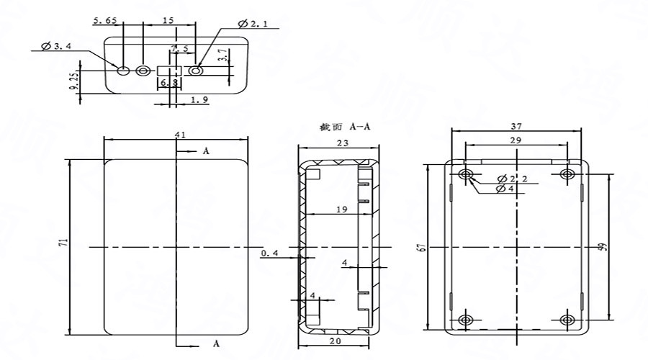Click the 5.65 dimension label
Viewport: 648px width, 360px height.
click(106, 22)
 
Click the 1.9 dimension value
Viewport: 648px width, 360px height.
click(200, 100)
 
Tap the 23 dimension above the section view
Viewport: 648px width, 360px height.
click(342, 144)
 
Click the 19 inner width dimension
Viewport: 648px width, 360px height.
click(342, 210)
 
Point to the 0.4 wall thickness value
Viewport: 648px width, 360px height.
click(269, 253)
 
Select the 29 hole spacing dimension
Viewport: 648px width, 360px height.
click(516, 141)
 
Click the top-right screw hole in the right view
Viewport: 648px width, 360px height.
click(567, 175)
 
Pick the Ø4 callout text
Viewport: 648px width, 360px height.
click(507, 189)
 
